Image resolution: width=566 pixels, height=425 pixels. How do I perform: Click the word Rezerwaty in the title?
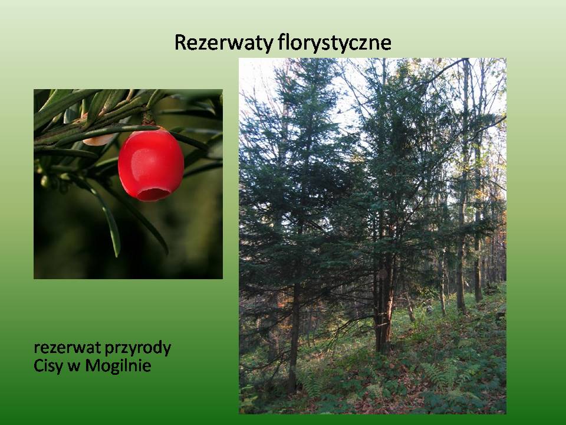pos(224,42)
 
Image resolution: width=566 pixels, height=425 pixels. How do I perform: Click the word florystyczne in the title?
pos(335,43)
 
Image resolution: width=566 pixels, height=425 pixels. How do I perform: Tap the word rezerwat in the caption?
pos(67,348)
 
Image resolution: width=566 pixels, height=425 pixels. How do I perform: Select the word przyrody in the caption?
pos(137,349)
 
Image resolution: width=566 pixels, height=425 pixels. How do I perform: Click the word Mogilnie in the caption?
pos(118,366)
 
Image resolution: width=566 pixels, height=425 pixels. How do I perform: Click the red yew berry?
pos(151,165)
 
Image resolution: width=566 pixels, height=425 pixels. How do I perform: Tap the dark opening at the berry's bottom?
pos(153,194)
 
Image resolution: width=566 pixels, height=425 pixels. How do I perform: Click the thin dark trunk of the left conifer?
pos(294,336)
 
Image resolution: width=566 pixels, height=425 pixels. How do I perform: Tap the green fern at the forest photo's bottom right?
pos(442,376)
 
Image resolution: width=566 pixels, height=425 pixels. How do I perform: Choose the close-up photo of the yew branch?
pos(128,184)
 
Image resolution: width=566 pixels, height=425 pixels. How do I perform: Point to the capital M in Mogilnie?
pos(93,365)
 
